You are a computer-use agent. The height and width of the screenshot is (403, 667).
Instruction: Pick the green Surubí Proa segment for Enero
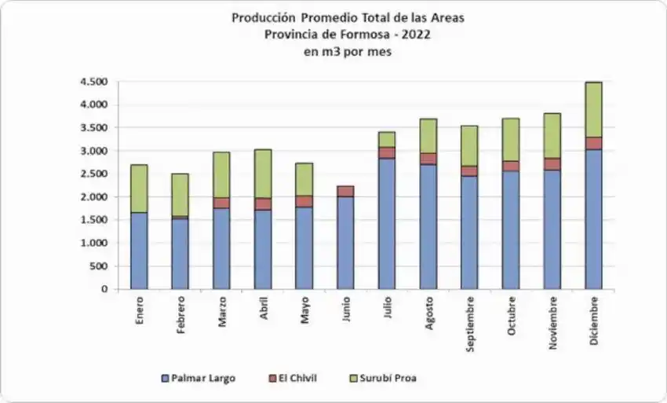(x=139, y=188)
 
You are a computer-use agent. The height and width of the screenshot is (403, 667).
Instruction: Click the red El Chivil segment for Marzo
(x=222, y=203)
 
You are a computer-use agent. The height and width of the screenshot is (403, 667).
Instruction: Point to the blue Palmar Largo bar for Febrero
(x=180, y=253)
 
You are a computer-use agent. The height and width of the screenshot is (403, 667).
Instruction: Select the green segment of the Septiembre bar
(x=469, y=145)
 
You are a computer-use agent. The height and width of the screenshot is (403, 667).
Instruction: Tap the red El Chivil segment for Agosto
(x=428, y=159)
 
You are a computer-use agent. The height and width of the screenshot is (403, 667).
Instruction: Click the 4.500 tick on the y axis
(x=93, y=82)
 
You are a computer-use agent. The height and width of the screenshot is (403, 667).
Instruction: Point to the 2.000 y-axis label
(x=93, y=197)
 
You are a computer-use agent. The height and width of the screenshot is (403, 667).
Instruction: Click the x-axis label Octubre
(x=512, y=317)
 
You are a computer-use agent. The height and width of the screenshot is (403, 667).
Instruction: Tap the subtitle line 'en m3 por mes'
(x=347, y=52)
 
